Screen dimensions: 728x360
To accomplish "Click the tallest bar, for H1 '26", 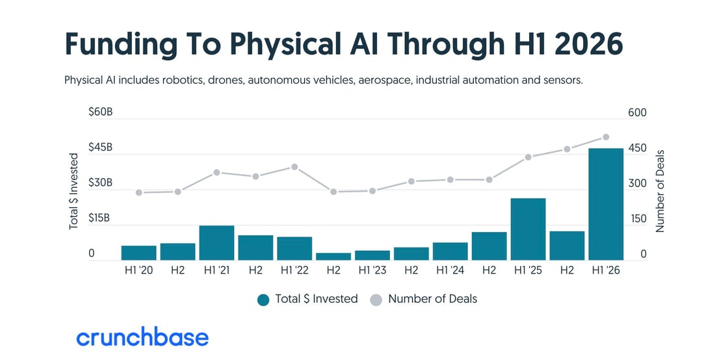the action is pos(605,204).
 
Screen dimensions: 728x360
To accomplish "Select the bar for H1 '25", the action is pos(528,229).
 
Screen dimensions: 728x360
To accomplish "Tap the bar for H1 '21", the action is pos(217,242).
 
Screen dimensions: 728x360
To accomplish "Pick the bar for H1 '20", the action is pos(139,253).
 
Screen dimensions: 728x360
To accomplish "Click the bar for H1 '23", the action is pos(372,255).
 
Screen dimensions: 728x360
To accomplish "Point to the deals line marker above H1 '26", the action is pos(605,137).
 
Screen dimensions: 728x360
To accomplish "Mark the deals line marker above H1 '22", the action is pos(294,166).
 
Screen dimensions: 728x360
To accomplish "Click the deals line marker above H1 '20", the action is pos(139,192).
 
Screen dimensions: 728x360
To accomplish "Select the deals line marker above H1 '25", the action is pos(528,157).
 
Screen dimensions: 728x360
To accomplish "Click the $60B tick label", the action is pos(100,112).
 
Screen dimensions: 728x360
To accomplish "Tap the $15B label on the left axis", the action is pos(100,218).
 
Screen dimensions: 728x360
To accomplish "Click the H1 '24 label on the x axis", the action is pos(450,270).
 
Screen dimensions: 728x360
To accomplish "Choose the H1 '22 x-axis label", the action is pos(294,270).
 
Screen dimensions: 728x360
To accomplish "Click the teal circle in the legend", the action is pos(263,300).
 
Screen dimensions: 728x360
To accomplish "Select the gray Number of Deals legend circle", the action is pos(376,300).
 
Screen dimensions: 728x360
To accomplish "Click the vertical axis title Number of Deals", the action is pos(660,190).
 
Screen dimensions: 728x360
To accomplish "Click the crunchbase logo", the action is pos(142,338).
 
